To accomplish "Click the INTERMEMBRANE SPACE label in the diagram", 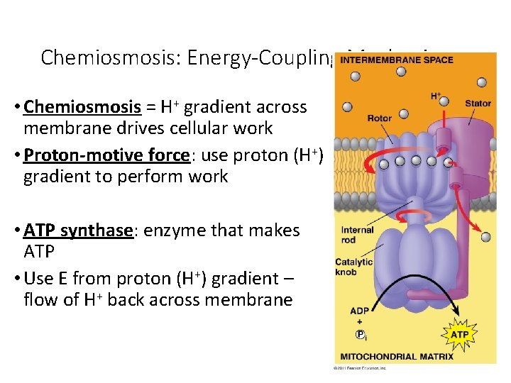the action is pos(396,60).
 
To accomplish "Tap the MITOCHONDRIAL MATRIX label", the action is pos(397,356).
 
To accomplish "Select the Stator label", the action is pos(478,104).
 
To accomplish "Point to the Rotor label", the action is pos(379,118).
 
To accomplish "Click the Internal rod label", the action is pos(357,235).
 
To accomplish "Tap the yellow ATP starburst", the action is pos(460,334).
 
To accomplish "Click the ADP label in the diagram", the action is pos(360,311).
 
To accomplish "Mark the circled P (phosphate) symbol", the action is pos(361,335).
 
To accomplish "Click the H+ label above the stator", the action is pos(436,96).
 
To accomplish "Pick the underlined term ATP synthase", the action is pos(79,231).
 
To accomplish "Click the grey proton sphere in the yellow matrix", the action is pos(485,238).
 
